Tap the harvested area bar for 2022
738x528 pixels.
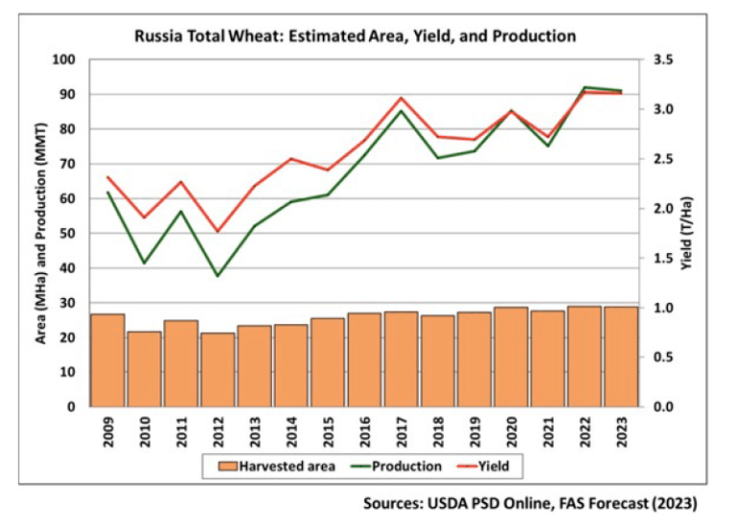click(x=585, y=357)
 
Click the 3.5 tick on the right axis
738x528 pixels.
click(x=663, y=60)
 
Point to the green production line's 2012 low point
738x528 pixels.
click(x=217, y=276)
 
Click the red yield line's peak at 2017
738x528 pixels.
click(x=401, y=97)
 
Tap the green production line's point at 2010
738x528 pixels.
click(x=144, y=264)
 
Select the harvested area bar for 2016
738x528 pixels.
click(x=364, y=360)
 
